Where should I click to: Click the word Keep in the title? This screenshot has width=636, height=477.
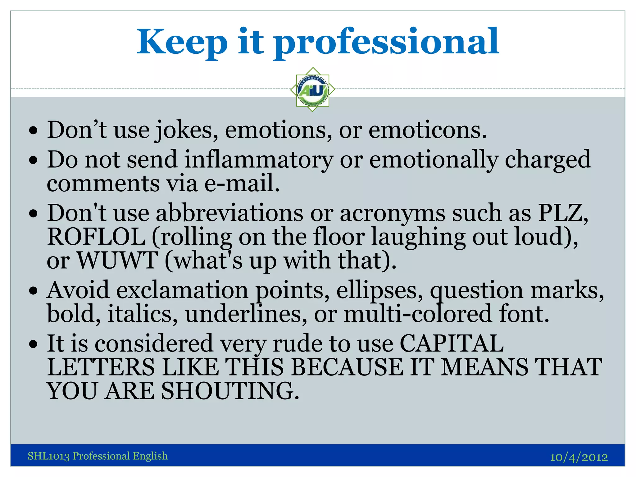click(x=182, y=42)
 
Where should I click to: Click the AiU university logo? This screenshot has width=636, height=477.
click(x=312, y=90)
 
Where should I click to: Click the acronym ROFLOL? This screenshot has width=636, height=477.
click(x=96, y=237)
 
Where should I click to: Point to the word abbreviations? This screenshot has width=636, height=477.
click(x=229, y=213)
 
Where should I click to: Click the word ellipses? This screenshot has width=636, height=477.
click(x=379, y=290)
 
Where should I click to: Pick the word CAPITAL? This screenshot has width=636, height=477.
click(x=452, y=343)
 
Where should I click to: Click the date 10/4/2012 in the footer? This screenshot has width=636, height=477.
click(x=579, y=457)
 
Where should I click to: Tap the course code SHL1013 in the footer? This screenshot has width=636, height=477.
click(x=48, y=456)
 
